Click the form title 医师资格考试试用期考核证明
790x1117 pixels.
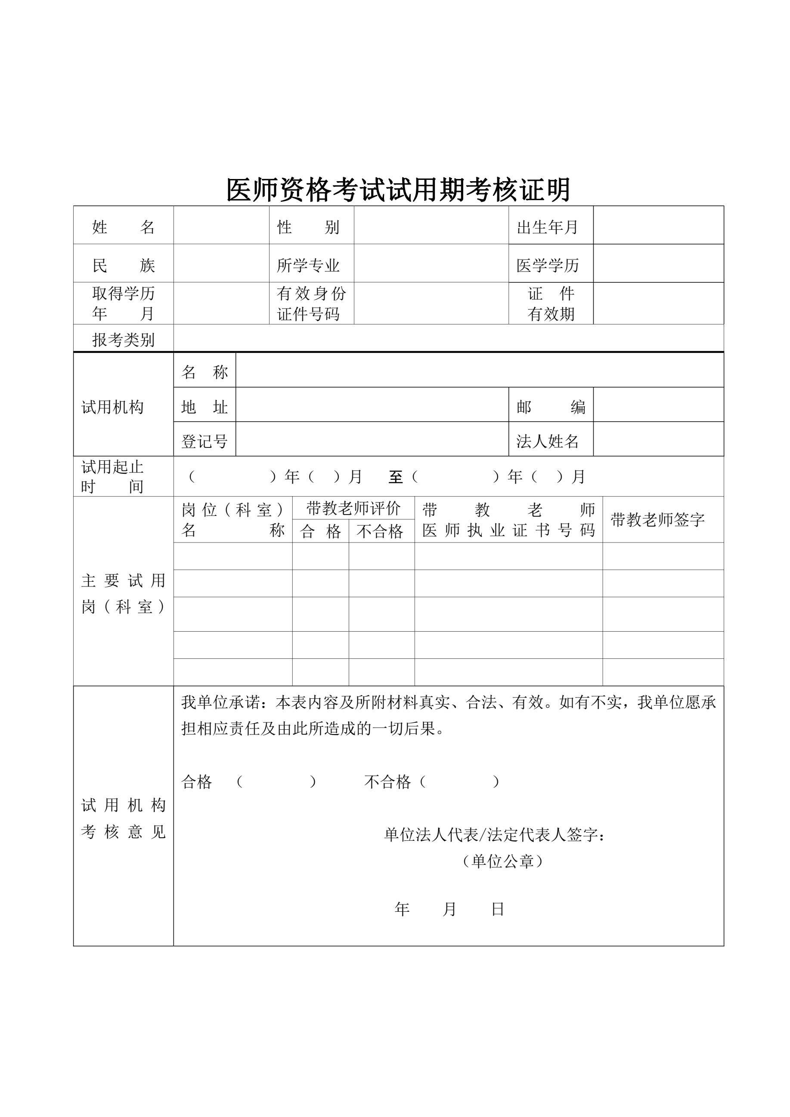click(398, 190)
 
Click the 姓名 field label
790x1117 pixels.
click(123, 227)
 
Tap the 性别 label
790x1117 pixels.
click(308, 227)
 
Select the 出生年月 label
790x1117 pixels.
click(547, 227)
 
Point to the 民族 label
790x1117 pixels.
click(123, 265)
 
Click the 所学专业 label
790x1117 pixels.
click(308, 265)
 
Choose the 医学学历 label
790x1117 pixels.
click(548, 265)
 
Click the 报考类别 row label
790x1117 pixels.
click(123, 339)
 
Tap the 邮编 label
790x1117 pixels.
click(551, 407)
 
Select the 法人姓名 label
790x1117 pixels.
click(548, 441)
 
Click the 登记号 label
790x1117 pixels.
click(204, 441)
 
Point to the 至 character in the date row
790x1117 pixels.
click(395, 477)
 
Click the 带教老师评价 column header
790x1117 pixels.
click(353, 509)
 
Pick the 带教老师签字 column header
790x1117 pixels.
click(657, 520)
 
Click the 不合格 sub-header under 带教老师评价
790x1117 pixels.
click(380, 531)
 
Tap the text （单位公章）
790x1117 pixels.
click(502, 861)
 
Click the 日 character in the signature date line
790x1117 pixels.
click(497, 909)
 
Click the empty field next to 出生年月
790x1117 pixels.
click(658, 225)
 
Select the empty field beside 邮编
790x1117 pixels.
click(658, 405)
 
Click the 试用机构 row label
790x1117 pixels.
click(112, 407)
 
